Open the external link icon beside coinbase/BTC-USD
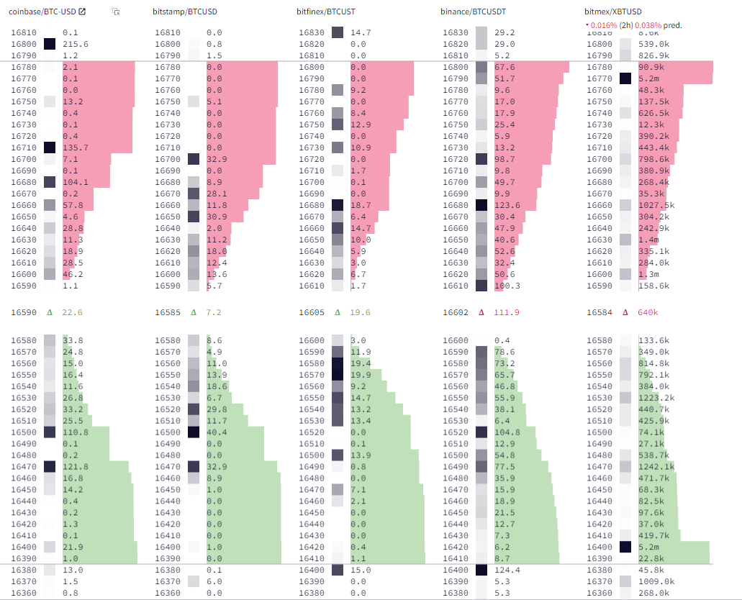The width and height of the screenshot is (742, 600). [82, 12]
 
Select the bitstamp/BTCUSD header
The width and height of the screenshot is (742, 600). [185, 12]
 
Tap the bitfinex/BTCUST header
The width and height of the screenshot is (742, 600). [325, 12]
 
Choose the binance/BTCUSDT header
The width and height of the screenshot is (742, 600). [472, 12]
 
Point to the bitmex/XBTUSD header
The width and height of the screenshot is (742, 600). [613, 12]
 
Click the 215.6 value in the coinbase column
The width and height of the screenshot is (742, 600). [75, 44]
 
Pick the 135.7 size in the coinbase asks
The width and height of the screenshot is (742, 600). [75, 147]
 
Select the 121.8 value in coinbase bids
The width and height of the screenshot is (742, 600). [75, 467]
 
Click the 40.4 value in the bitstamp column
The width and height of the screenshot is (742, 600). [217, 432]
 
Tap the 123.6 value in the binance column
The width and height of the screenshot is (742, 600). [507, 205]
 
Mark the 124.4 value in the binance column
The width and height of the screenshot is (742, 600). [507, 571]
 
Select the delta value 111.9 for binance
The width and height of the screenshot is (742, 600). [506, 312]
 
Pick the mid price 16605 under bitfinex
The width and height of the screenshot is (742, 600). [311, 312]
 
